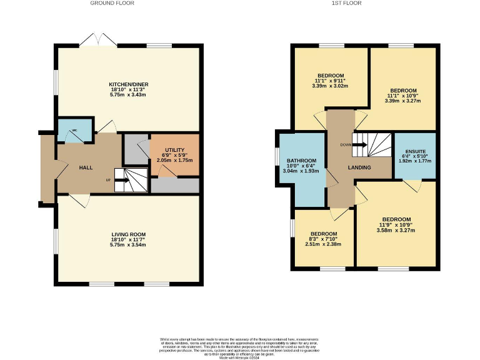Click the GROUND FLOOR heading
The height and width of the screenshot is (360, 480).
point(112,3)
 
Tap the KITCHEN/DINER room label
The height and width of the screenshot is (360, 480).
point(129,84)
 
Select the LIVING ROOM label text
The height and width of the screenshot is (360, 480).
point(129,234)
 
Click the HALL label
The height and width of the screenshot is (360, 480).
point(86,168)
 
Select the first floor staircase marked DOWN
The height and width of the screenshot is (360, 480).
point(371,146)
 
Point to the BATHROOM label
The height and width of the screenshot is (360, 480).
point(301,161)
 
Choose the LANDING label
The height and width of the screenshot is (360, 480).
point(359,167)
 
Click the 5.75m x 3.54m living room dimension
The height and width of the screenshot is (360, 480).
point(129,245)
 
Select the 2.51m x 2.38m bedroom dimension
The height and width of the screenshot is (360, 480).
point(324,245)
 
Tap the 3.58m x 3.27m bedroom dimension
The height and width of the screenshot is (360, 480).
point(396,230)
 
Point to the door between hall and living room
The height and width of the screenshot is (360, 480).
point(79,198)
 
